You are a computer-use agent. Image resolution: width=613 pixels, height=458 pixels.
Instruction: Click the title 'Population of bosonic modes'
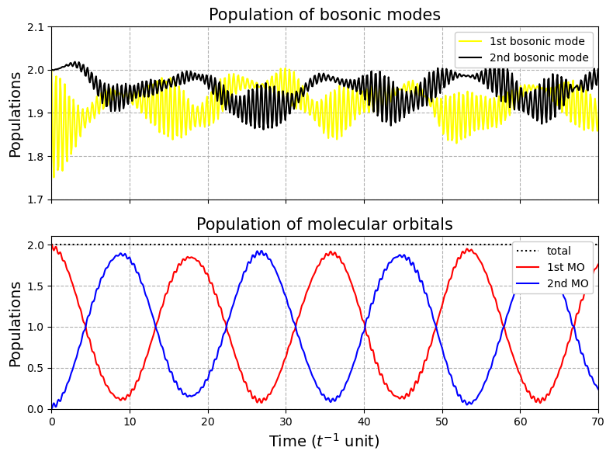(324, 15)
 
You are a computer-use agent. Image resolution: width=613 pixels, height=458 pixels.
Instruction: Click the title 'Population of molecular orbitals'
(324, 224)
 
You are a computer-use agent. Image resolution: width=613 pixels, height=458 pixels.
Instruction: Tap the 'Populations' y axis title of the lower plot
(15, 324)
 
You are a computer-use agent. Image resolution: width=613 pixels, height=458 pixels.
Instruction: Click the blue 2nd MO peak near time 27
(259, 251)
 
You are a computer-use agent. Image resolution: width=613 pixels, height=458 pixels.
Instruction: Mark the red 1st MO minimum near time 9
(122, 399)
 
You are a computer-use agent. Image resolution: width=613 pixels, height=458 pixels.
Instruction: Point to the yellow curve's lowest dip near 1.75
(54, 178)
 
